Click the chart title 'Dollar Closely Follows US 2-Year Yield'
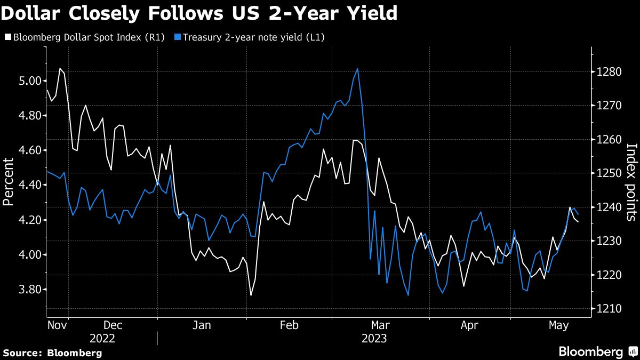(x=199, y=13)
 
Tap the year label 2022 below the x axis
(x=102, y=338)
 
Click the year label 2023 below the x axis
(x=374, y=338)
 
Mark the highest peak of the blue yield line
(x=357, y=69)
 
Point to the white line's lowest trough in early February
(x=251, y=295)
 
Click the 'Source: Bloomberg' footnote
(x=52, y=353)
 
